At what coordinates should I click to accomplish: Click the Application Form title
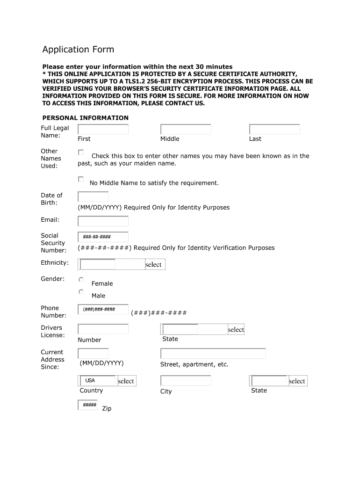pyautogui.click(x=78, y=50)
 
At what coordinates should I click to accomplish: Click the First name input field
pyautogui.click(x=103, y=130)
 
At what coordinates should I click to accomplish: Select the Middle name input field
pyautogui.click(x=186, y=130)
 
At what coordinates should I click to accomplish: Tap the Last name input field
pyautogui.click(x=274, y=130)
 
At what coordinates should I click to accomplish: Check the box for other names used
pyautogui.click(x=81, y=152)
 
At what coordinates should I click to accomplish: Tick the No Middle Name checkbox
pyautogui.click(x=81, y=180)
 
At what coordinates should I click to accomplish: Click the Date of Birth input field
pyautogui.click(x=93, y=197)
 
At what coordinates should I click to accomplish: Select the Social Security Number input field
pyautogui.click(x=103, y=237)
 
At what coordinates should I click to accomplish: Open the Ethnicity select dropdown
pyautogui.click(x=122, y=265)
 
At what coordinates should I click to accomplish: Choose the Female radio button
pyautogui.click(x=81, y=280)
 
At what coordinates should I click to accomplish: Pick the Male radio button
pyautogui.click(x=81, y=292)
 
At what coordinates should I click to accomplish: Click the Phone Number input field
pyautogui.click(x=103, y=310)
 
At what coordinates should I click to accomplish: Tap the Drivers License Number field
pyautogui.click(x=103, y=329)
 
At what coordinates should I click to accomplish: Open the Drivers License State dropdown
pyautogui.click(x=202, y=329)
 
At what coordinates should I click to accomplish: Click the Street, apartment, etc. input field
pyautogui.click(x=213, y=354)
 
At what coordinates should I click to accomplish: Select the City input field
pyautogui.click(x=186, y=381)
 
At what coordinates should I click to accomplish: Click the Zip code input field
pyautogui.click(x=89, y=405)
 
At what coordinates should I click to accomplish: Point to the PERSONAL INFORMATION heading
pyautogui.click(x=86, y=118)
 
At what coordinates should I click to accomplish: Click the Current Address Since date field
pyautogui.click(x=93, y=354)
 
